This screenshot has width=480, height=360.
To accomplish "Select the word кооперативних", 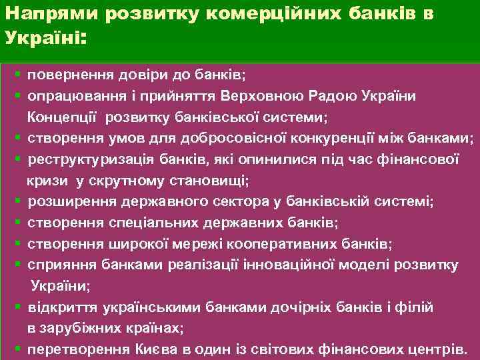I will (x=285, y=243).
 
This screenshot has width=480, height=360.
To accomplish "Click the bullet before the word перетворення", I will (x=18, y=349).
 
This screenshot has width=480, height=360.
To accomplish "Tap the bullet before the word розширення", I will (x=18, y=201).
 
